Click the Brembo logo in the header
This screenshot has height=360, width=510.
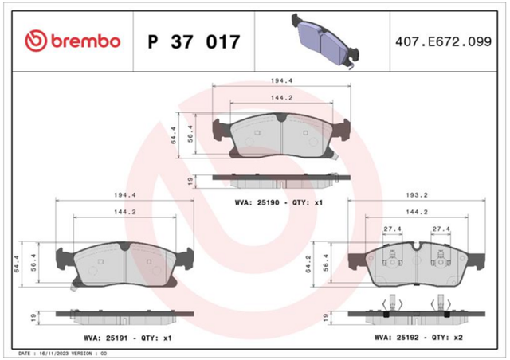(x=73, y=41)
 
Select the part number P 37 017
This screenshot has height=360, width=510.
(x=194, y=41)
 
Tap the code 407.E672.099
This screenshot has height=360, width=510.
(x=443, y=41)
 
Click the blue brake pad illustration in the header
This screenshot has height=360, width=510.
(x=325, y=41)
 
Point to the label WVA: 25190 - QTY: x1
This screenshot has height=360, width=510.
(x=279, y=202)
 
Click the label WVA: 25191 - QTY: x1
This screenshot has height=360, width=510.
(x=127, y=338)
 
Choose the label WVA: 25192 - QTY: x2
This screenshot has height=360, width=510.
(x=418, y=338)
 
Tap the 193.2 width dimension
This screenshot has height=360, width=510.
(x=417, y=195)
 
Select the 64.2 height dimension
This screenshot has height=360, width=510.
(x=308, y=264)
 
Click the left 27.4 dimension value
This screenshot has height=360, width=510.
(x=392, y=229)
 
